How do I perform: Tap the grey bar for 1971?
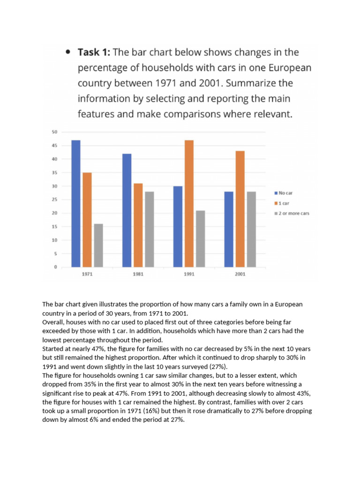[98, 246]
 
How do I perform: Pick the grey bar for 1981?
[149, 229]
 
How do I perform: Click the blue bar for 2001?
[229, 229]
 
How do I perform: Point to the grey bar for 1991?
[200, 239]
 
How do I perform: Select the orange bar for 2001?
[240, 209]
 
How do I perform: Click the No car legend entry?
[286, 193]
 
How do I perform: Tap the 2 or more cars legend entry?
[292, 213]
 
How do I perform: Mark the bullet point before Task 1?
[68, 52]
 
